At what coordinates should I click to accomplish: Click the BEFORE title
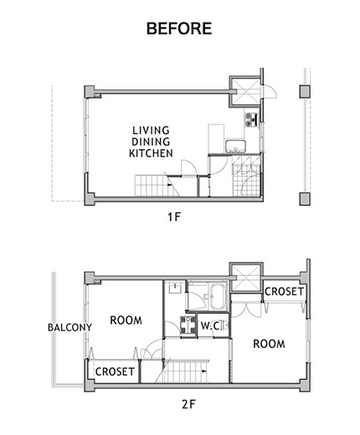179,28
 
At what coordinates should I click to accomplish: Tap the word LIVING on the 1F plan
151,130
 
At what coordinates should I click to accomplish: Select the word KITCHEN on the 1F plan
151,153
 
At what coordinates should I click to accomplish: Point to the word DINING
151,141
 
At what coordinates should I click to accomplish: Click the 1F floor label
174,217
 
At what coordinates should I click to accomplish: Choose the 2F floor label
189,405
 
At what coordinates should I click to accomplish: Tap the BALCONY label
69,327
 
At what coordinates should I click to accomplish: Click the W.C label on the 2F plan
210,325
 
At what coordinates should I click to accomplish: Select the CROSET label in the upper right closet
284,292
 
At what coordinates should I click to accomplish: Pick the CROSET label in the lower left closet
115,371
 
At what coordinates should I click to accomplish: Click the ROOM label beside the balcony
126,320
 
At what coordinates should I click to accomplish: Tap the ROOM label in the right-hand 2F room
269,344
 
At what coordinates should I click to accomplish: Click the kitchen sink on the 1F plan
236,146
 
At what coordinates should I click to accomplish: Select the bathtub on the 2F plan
219,296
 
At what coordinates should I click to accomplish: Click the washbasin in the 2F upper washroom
175,288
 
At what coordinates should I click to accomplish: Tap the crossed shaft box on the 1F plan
244,91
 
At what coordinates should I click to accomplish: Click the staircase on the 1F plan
157,186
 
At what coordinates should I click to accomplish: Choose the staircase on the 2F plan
186,371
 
